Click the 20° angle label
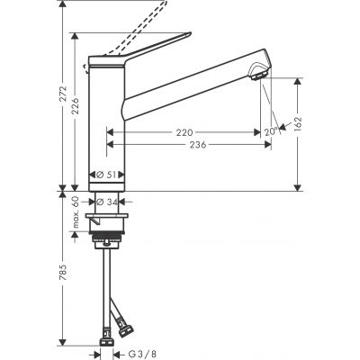[x=270, y=131]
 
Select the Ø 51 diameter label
[x=106, y=177]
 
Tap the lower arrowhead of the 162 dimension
[x=296, y=185]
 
